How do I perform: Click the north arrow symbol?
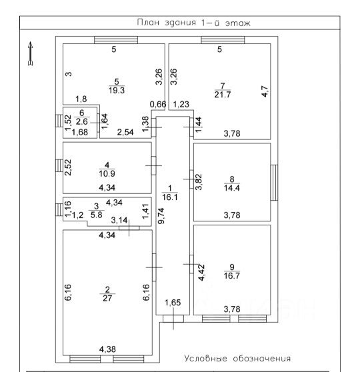click(30, 53)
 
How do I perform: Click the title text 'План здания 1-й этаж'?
click(193, 23)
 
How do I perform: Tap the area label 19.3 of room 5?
click(117, 90)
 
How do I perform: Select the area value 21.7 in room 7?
click(223, 95)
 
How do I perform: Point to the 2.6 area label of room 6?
click(82, 121)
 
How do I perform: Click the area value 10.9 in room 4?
click(107, 173)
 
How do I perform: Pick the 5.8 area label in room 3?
click(97, 215)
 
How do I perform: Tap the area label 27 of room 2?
click(107, 298)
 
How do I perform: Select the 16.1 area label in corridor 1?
click(170, 197)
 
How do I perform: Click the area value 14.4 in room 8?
click(232, 188)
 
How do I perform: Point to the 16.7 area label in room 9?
click(232, 276)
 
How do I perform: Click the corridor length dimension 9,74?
click(161, 215)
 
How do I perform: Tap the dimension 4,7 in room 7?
click(265, 91)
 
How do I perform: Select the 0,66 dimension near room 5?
click(158, 104)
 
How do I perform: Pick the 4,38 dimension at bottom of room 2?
click(107, 349)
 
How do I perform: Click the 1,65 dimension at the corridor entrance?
click(173, 303)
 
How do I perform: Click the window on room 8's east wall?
click(274, 183)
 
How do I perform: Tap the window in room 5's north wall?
click(116, 40)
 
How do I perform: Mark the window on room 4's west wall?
click(59, 165)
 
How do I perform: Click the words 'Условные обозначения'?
click(237, 358)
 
